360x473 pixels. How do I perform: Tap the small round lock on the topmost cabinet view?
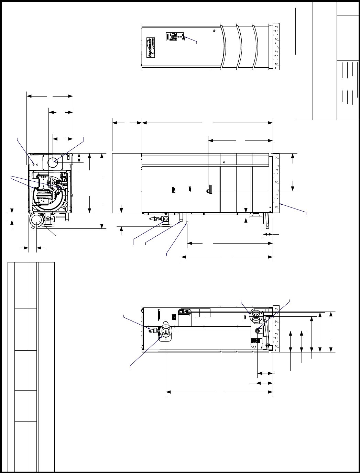(x=214, y=31)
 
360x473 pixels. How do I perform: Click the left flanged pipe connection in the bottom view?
(x=166, y=331)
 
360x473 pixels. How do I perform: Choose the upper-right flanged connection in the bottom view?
(x=255, y=315)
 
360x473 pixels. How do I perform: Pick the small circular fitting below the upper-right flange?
(x=258, y=330)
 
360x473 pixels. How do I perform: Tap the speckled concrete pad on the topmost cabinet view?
(x=277, y=46)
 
